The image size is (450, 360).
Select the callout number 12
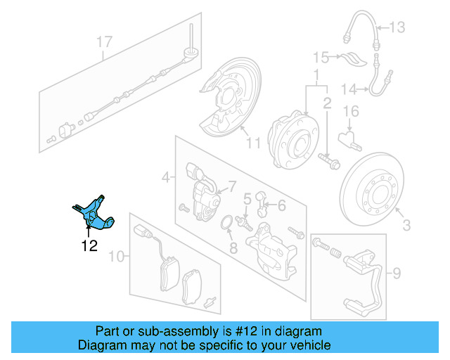pos(89,245)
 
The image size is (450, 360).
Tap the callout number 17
pos(105,42)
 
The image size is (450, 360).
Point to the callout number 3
pos(406,226)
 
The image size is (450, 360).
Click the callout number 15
pos(321,57)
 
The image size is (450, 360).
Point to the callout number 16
pos(351,111)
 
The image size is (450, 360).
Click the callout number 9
pos(396,271)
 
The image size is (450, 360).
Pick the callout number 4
pos(166,178)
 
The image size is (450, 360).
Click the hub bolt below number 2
pos(328,161)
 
